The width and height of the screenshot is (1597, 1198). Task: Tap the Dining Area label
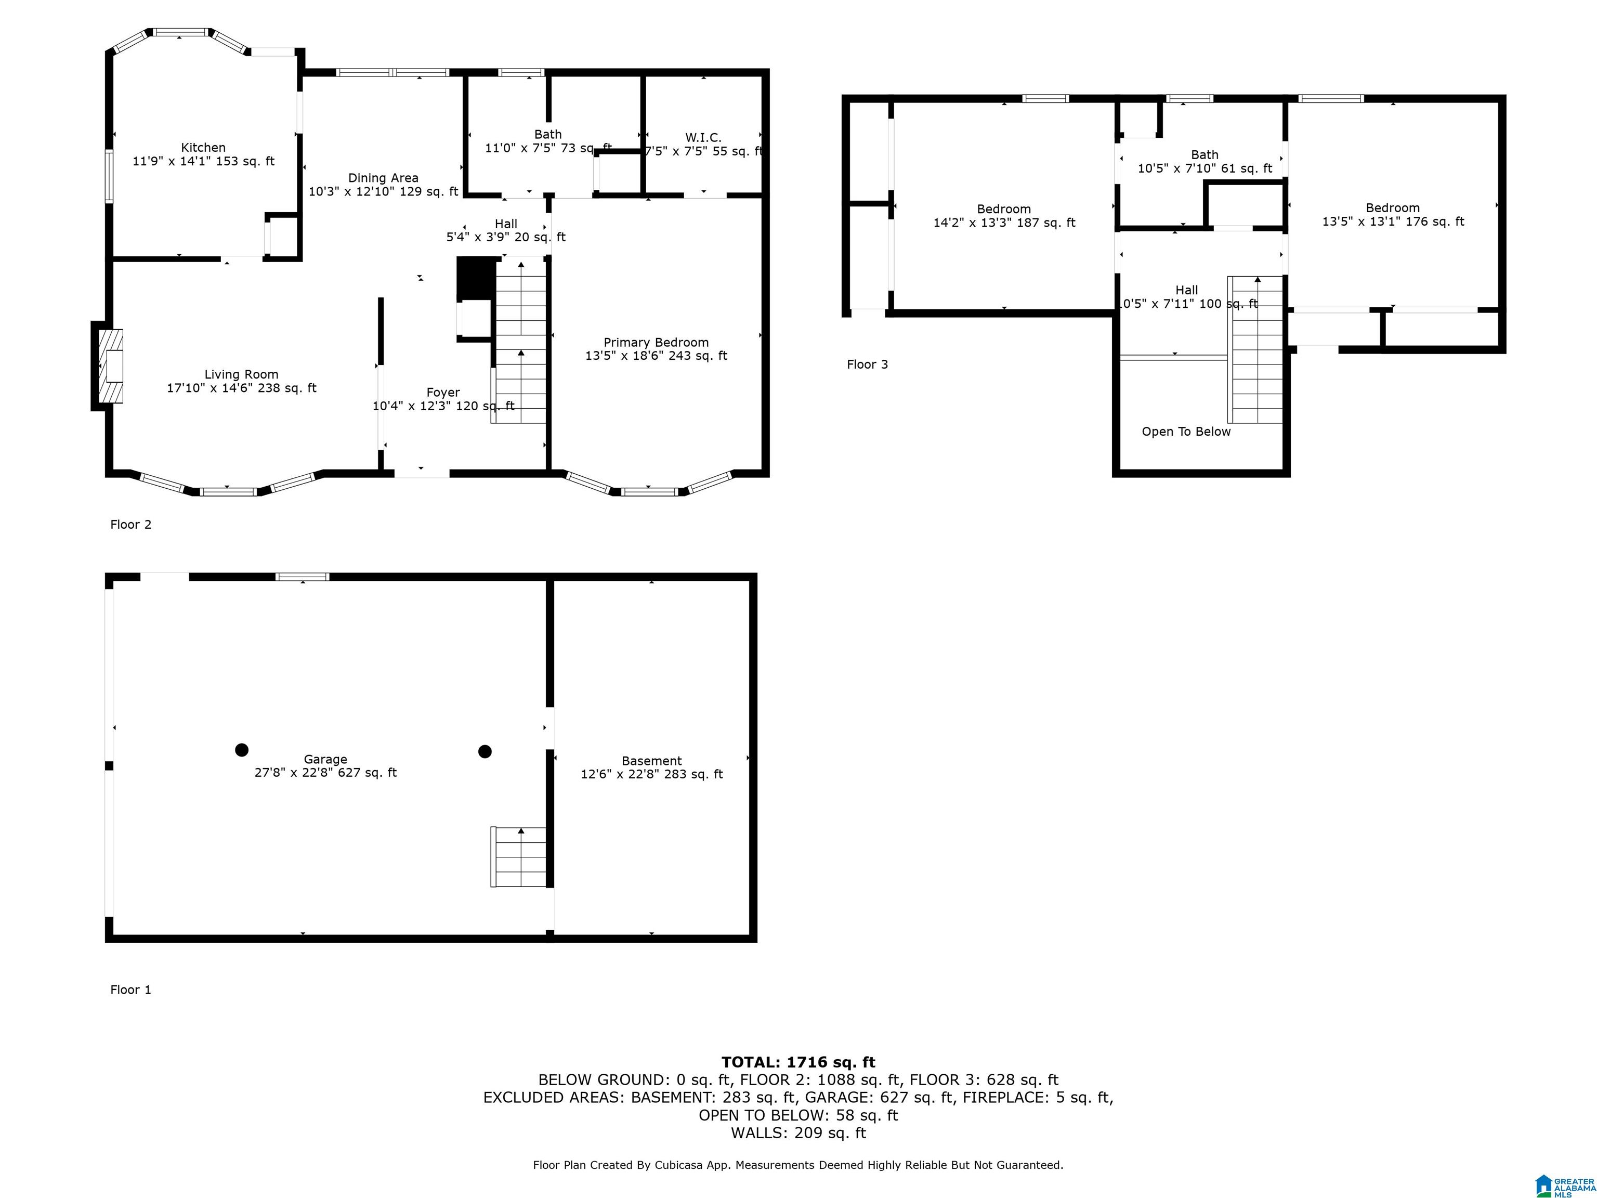point(383,178)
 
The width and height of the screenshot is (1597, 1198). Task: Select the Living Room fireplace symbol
point(110,366)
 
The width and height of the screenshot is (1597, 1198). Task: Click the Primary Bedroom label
point(656,342)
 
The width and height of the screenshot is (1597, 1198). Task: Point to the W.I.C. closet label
point(703,137)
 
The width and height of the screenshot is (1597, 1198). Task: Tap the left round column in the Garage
point(242,750)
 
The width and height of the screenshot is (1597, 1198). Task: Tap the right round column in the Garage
point(485,752)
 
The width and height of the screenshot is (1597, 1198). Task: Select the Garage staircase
point(518,856)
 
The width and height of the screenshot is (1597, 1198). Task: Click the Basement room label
point(652,761)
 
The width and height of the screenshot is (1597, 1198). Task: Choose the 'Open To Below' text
point(1186,432)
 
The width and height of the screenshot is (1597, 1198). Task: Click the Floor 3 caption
point(867,364)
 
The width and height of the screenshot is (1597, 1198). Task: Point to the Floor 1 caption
point(130,990)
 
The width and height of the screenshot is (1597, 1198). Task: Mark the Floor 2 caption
point(130,525)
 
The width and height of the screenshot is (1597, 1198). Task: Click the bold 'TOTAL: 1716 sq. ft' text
point(798,1062)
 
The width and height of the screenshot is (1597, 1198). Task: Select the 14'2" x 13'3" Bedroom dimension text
point(1004,223)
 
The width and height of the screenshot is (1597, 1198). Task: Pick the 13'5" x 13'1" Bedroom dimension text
point(1393,222)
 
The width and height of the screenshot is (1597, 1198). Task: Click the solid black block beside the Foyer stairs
point(477,278)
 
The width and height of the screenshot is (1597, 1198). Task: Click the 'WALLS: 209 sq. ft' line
point(798,1133)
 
